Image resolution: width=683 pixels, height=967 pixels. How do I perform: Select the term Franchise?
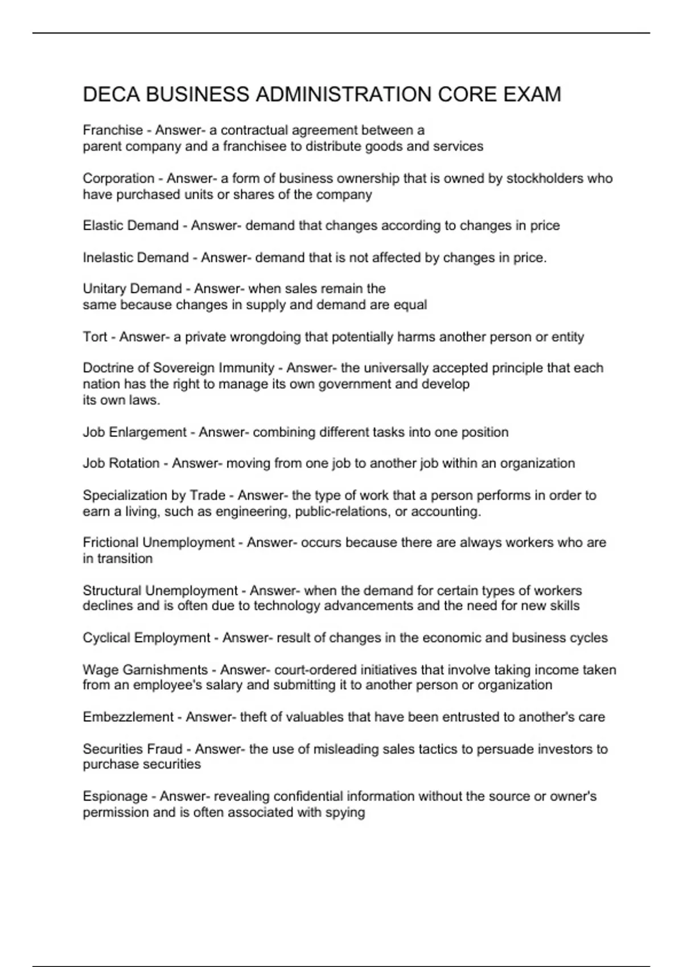(113, 130)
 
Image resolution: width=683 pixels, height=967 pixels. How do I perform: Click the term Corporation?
(118, 179)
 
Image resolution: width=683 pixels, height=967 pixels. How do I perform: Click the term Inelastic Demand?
(135, 258)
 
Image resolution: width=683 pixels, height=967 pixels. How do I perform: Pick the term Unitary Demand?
(132, 289)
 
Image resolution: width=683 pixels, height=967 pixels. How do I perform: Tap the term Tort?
(94, 337)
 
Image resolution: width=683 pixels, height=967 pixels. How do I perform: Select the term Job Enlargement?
(134, 432)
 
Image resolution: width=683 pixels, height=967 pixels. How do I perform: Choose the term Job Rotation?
(121, 464)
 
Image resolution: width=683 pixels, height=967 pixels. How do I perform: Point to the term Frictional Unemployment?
(158, 543)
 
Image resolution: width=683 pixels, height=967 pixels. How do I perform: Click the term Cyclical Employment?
(146, 638)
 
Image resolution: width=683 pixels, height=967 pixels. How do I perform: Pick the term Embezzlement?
(127, 717)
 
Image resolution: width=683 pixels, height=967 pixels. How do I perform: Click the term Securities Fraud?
(133, 749)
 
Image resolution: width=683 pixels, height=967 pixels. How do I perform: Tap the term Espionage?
(115, 796)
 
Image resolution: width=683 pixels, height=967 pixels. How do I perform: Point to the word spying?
(345, 812)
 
